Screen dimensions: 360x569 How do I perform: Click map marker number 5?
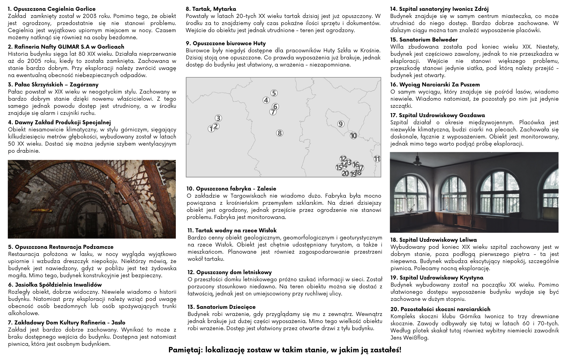coord(274,93)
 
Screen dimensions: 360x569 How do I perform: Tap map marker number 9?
coord(341,124)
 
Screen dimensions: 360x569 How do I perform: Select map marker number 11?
coord(377,159)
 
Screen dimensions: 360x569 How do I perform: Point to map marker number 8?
coord(280,133)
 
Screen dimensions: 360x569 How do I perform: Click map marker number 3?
coord(218,118)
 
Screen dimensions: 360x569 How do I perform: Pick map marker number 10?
coord(353,136)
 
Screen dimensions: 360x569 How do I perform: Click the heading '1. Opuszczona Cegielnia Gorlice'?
coord(52,9)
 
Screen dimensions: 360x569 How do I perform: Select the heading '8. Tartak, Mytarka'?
coord(211,9)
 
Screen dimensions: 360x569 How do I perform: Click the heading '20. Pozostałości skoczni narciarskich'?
coord(440,309)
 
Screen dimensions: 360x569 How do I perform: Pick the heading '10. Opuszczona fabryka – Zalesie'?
coord(231,189)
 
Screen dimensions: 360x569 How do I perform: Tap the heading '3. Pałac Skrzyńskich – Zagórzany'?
coord(53,84)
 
